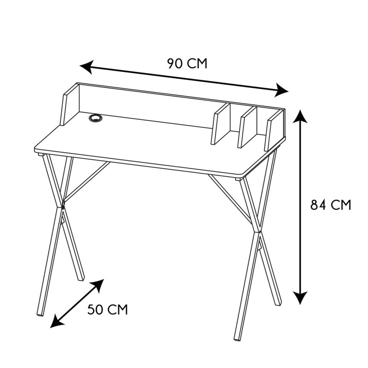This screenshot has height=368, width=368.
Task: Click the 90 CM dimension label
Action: (x=187, y=63)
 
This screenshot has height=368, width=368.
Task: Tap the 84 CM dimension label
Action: (x=330, y=205)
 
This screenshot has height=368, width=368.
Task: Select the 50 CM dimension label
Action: (x=107, y=310)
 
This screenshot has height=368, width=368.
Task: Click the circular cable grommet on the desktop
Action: (x=96, y=119)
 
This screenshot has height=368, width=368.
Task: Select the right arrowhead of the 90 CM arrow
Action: (x=282, y=91)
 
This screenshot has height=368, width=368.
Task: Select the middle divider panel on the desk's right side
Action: (x=247, y=127)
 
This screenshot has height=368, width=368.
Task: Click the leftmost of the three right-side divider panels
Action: (x=220, y=124)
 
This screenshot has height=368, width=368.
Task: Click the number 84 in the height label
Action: (x=317, y=205)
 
